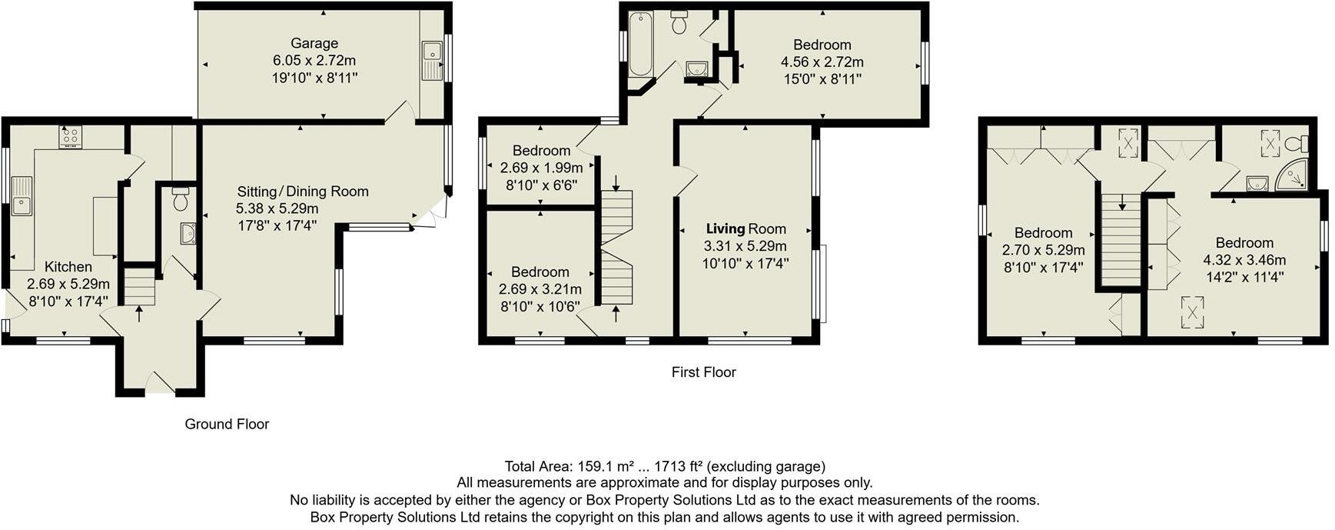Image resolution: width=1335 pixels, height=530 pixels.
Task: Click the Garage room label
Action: [314, 44]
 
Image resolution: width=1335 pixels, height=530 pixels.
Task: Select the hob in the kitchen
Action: [71, 137]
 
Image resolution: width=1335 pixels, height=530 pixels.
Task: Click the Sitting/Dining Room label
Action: [303, 192]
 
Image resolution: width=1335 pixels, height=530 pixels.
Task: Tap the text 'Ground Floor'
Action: [227, 424]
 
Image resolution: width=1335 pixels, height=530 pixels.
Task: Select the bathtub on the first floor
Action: [639, 44]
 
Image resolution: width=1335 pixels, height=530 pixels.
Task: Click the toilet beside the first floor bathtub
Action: [679, 23]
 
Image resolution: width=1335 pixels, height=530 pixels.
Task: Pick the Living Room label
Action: [746, 228]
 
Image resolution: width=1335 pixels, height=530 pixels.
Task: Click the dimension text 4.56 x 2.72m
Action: [822, 62]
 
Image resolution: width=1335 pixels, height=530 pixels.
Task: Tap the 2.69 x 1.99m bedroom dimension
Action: [541, 168]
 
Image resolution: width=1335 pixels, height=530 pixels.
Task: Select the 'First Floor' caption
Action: [703, 372]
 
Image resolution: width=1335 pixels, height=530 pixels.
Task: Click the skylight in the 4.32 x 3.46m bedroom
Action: [1192, 312]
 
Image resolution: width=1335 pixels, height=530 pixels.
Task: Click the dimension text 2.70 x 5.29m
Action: [1043, 250]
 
